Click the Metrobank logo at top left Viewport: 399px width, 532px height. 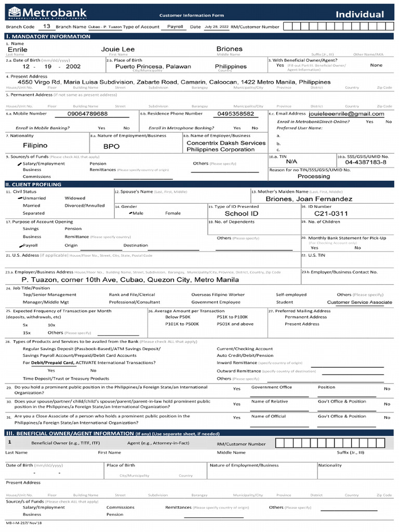click(47, 12)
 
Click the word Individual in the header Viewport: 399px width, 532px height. click(360, 15)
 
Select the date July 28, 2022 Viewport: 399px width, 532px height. click(216, 26)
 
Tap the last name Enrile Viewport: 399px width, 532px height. click(18, 49)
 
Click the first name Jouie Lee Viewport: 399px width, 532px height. click(117, 49)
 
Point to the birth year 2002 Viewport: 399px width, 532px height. click(73, 67)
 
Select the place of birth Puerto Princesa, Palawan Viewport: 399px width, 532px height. click(153, 66)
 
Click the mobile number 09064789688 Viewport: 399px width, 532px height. click(87, 114)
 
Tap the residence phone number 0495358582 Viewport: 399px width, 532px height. click(235, 114)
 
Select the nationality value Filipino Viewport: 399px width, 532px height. click(35, 146)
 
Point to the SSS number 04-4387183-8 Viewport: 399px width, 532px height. click(365, 162)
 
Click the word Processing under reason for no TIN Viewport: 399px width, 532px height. click(313, 177)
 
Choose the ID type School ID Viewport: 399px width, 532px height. click(241, 214)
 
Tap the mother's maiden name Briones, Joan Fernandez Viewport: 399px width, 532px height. click(309, 199)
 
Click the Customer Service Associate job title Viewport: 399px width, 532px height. click(360, 302)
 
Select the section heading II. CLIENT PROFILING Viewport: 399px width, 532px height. click(33, 184)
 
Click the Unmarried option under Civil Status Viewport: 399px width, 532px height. click(34, 198)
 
